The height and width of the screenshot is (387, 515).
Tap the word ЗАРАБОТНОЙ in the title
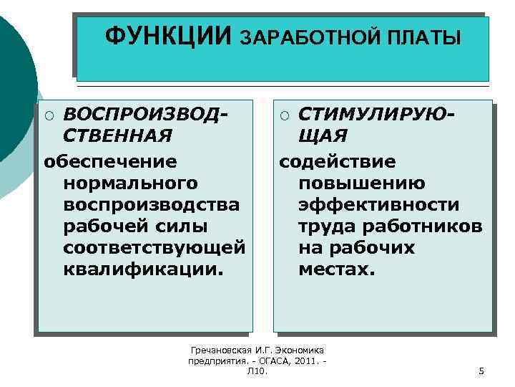coord(308,37)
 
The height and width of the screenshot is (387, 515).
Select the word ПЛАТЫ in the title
coord(424,37)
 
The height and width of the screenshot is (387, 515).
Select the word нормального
coord(130,183)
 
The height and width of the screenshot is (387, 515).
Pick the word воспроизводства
coord(151,205)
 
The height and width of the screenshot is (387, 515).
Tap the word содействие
coord(337,161)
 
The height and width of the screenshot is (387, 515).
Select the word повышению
coord(364,183)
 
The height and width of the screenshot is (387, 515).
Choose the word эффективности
coord(379,205)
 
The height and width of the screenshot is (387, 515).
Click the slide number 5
coord(481,371)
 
